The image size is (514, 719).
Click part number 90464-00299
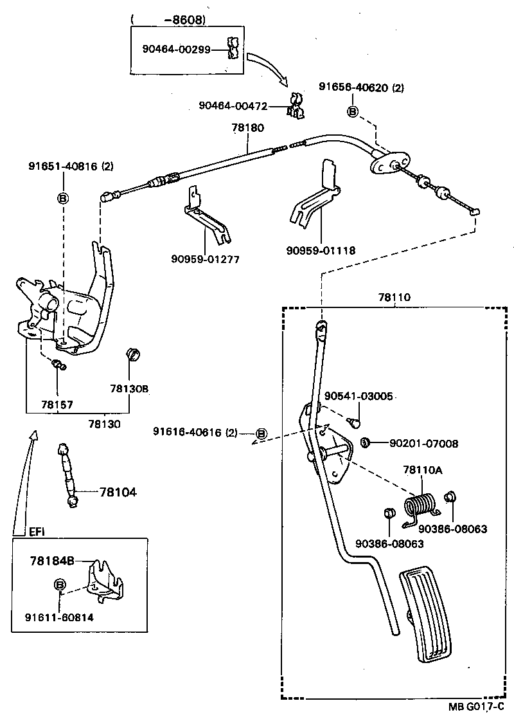click(176, 49)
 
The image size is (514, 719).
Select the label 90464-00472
click(232, 105)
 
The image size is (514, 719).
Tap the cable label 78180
click(248, 128)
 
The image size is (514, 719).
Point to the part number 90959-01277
click(205, 259)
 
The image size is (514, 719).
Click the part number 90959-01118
click(321, 250)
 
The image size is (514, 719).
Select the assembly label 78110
click(394, 298)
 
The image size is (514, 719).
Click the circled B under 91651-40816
click(63, 198)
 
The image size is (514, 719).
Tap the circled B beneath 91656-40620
click(352, 111)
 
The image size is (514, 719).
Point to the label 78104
click(118, 492)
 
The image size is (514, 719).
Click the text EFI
click(37, 532)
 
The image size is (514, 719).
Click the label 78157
click(57, 405)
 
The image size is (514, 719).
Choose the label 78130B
click(129, 389)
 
